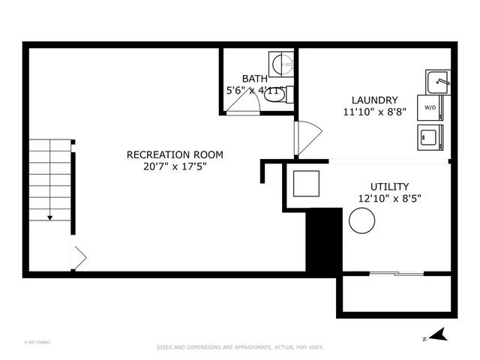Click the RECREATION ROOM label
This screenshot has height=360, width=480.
[x=174, y=154]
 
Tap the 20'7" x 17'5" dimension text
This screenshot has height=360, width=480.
[x=174, y=166]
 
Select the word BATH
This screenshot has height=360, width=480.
[x=255, y=79]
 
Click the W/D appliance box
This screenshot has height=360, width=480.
[x=430, y=107]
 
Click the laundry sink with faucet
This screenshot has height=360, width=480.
[x=437, y=80]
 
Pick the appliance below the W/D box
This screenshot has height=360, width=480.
[x=430, y=136]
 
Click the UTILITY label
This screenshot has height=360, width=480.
[x=389, y=186]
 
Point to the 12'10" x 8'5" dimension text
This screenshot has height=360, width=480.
[x=389, y=199]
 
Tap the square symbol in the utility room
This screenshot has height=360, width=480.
[x=306, y=184]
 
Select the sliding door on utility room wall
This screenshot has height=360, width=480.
[x=397, y=274]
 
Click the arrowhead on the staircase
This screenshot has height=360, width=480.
[x=50, y=217]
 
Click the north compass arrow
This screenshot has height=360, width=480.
[x=441, y=334]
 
